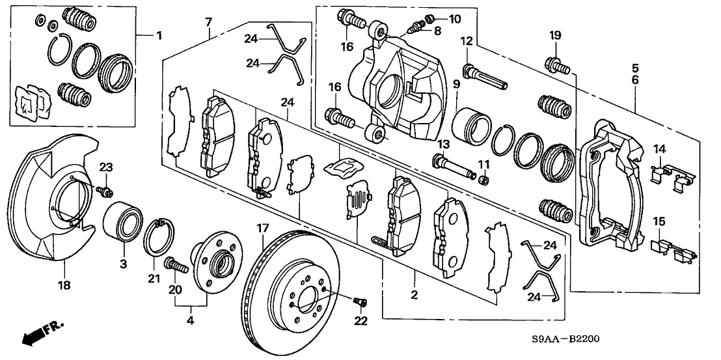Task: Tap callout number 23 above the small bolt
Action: [107, 168]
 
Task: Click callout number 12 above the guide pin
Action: [466, 42]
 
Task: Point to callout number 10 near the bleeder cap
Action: [454, 18]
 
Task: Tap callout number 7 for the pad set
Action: [208, 23]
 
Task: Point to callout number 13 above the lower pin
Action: [444, 143]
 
